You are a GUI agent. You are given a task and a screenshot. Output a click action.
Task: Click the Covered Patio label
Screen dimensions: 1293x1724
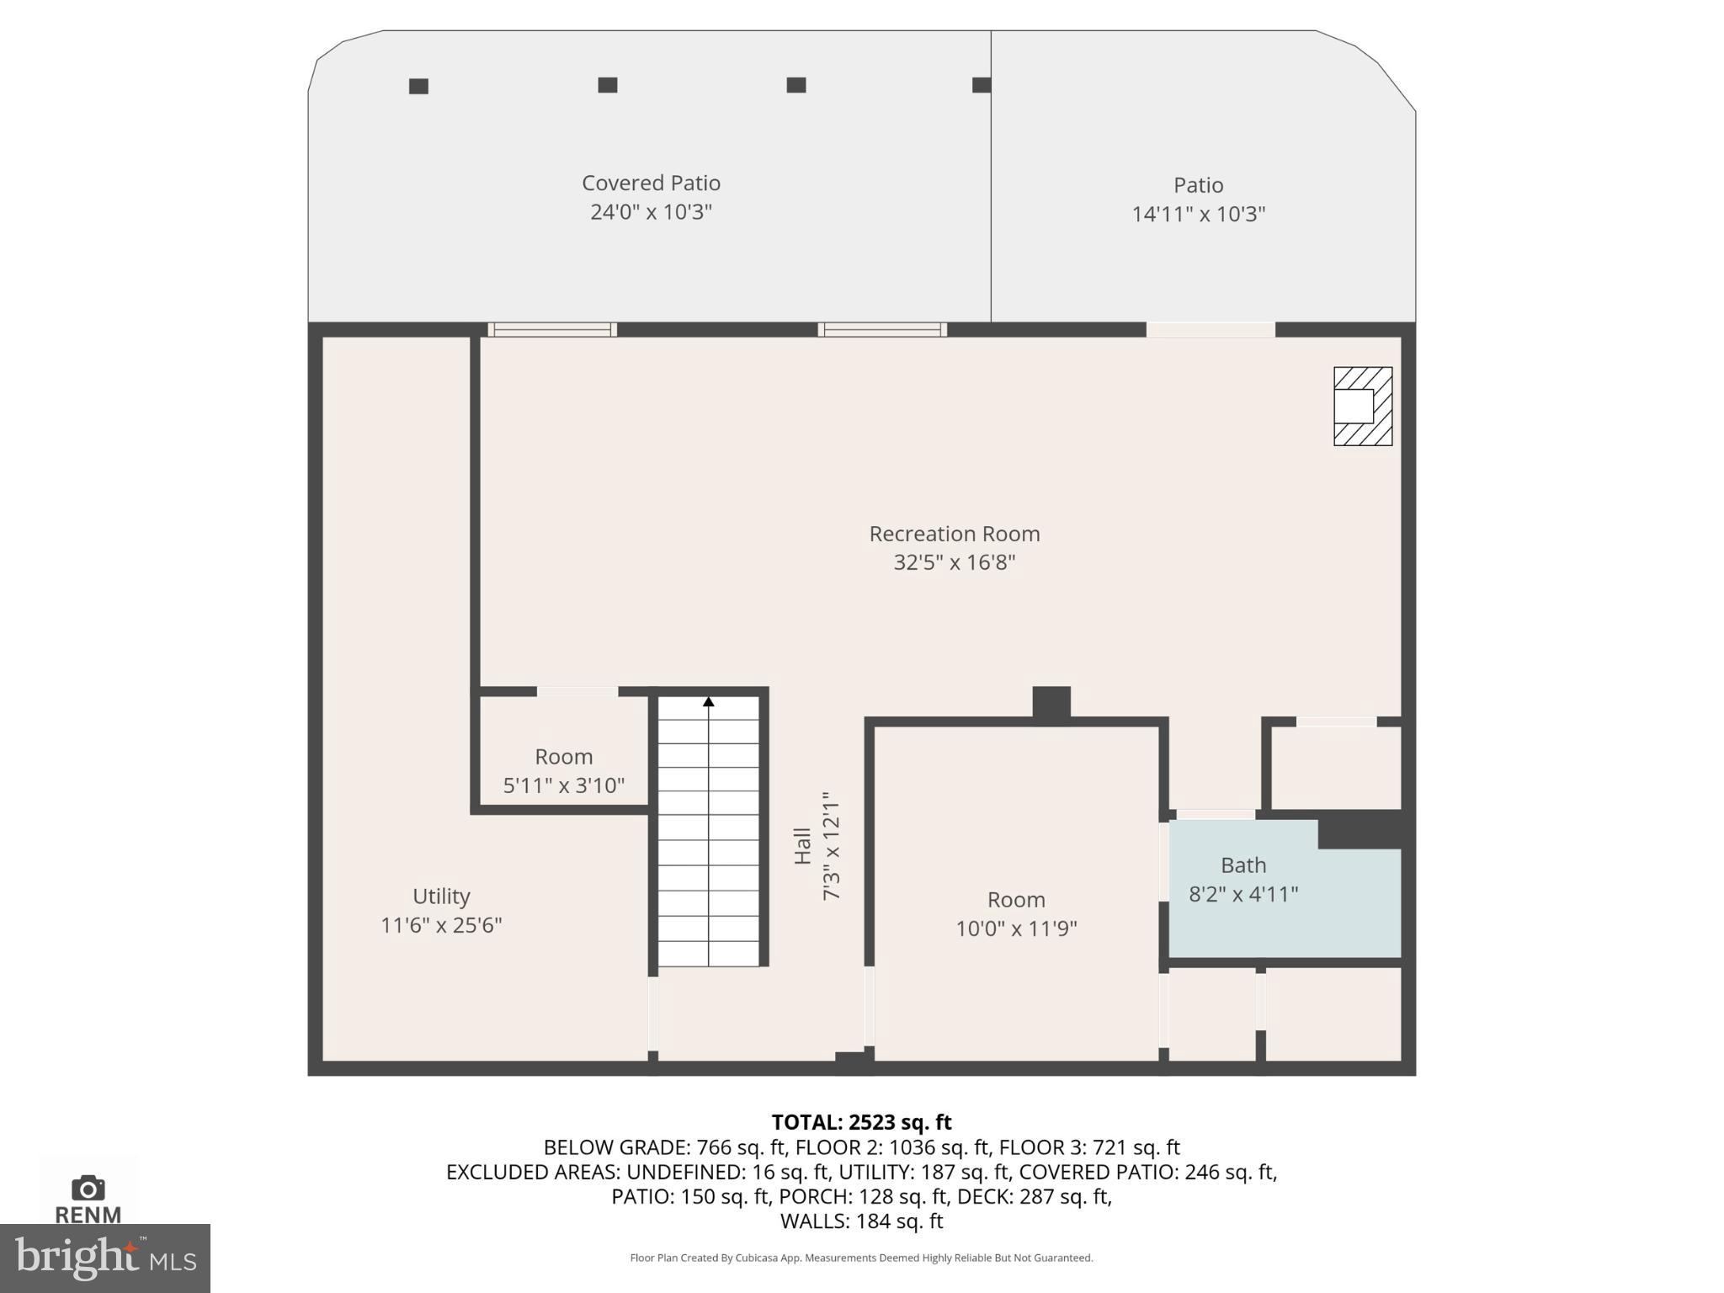(651, 183)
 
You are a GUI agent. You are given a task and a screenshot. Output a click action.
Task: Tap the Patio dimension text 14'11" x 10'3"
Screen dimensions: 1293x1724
(1198, 214)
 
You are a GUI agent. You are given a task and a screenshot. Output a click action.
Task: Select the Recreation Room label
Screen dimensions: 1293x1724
(954, 534)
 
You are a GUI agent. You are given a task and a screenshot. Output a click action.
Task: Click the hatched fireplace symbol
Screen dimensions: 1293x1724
(1362, 406)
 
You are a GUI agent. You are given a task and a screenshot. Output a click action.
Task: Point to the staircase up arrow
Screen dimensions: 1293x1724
(709, 701)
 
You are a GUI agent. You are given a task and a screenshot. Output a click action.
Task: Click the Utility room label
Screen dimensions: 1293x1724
(441, 896)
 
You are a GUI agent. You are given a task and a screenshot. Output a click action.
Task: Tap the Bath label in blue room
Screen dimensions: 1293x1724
(1243, 865)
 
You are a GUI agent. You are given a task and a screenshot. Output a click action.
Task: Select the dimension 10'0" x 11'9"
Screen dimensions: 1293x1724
(1016, 929)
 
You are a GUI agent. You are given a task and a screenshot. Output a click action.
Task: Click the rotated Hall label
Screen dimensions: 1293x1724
(802, 846)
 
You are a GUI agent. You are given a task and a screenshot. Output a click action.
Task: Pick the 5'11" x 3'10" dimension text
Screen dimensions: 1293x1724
(563, 785)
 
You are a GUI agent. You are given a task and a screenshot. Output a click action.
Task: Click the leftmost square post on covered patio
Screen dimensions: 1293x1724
(418, 86)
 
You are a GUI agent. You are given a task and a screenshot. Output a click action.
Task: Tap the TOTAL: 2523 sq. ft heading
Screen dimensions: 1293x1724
(861, 1122)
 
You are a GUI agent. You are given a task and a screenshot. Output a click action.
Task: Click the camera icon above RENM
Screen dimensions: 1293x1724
(88, 1188)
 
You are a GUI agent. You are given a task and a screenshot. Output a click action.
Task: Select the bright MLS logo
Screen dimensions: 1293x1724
(105, 1258)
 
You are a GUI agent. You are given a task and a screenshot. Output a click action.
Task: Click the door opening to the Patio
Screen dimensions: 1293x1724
(1210, 330)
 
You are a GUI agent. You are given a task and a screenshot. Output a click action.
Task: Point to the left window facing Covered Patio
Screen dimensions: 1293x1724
(552, 330)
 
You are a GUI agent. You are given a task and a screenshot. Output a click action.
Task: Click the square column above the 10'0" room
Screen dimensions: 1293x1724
(1051, 702)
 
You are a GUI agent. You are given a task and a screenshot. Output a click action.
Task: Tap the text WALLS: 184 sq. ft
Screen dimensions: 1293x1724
(861, 1221)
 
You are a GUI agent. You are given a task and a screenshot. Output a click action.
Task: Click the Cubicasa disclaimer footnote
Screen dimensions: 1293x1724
(861, 1258)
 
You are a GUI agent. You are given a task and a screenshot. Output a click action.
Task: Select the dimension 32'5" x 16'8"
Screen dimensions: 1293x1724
(954, 562)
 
